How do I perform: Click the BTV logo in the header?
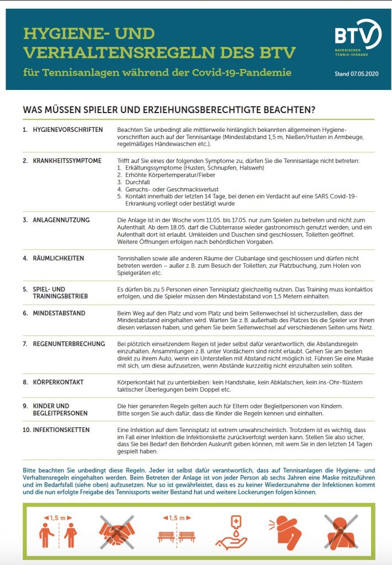click(x=358, y=39)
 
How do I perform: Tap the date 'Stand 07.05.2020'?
click(x=358, y=73)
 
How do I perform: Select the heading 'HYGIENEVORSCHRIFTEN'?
click(x=68, y=130)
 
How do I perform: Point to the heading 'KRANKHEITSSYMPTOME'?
click(x=67, y=161)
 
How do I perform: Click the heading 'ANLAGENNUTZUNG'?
click(x=61, y=220)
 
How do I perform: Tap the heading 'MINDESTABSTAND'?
click(x=59, y=313)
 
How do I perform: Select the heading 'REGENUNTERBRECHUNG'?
click(x=68, y=344)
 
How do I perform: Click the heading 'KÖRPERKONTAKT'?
click(x=58, y=382)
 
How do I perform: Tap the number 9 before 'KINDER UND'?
click(x=25, y=406)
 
